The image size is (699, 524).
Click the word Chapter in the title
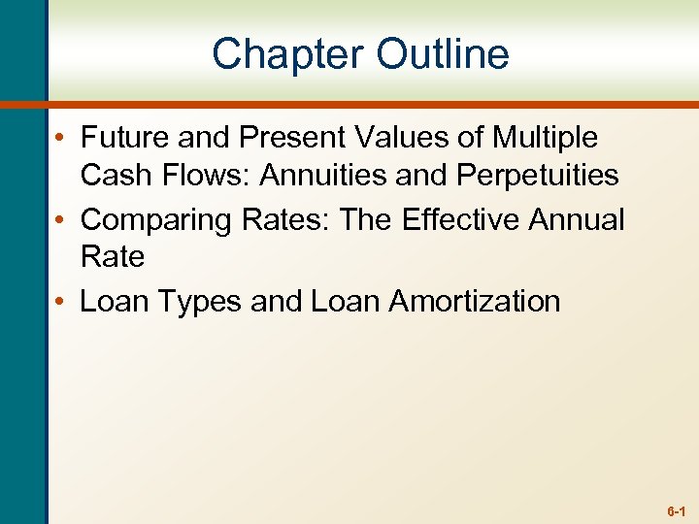(286, 53)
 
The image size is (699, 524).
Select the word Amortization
(475, 302)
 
